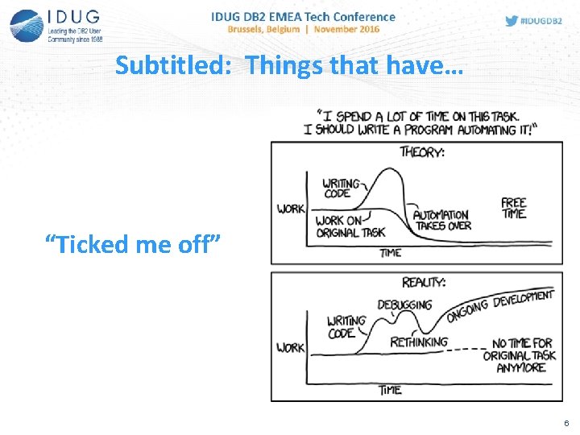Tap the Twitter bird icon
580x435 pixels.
click(511, 20)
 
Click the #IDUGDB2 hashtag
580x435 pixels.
click(542, 21)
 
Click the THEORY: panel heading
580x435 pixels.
click(422, 151)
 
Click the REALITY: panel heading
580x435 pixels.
click(423, 282)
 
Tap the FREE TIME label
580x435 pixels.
click(513, 208)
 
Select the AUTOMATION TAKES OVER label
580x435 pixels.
click(441, 220)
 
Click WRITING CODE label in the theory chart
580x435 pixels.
click(340, 188)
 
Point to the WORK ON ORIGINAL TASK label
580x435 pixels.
click(350, 226)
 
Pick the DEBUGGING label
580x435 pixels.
click(404, 305)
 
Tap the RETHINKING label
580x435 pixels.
click(419, 342)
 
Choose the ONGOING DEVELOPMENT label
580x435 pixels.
click(499, 304)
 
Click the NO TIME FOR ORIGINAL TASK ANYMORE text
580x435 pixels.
click(519, 355)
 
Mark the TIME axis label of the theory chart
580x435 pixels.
click(391, 253)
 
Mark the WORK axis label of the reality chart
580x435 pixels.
click(291, 347)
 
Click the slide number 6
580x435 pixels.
click(565, 423)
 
